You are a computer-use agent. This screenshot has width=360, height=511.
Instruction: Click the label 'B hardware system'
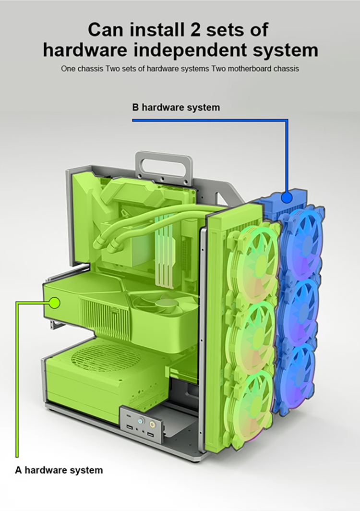click(x=176, y=108)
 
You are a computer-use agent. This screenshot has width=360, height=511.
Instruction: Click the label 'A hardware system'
click(x=59, y=470)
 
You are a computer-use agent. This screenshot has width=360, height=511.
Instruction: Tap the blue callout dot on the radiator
click(x=287, y=197)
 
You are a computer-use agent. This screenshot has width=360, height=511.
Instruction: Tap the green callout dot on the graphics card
click(x=55, y=303)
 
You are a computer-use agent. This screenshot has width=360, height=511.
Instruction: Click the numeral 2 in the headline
click(x=194, y=29)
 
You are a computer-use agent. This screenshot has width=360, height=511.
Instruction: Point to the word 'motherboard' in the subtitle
click(x=251, y=69)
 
